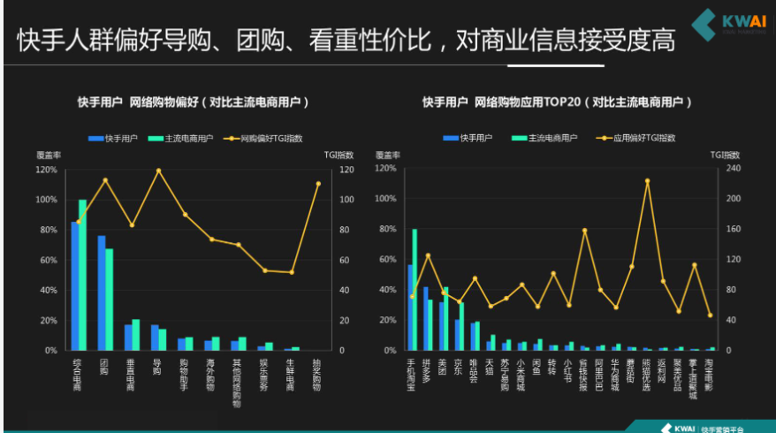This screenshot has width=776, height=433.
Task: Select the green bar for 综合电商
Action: click(x=83, y=275)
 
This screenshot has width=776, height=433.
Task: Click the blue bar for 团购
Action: click(x=102, y=292)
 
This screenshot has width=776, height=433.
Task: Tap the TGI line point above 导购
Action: click(x=158, y=170)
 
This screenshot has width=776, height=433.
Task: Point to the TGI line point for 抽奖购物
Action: click(x=318, y=184)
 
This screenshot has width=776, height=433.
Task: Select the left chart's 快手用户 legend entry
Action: click(x=116, y=138)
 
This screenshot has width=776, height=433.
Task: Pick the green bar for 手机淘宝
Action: click(x=415, y=290)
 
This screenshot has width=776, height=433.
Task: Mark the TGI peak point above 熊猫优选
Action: click(x=647, y=180)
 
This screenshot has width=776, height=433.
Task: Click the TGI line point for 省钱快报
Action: click(x=584, y=230)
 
